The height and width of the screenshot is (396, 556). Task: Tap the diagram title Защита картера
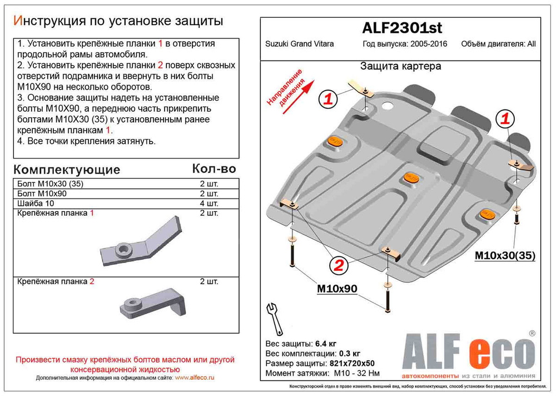click(400, 66)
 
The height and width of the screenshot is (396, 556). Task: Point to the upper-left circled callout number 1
click(328, 100)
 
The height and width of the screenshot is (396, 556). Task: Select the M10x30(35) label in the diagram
click(504, 256)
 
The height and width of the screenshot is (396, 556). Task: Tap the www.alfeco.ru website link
click(195, 378)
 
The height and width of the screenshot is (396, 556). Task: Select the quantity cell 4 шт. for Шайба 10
click(209, 204)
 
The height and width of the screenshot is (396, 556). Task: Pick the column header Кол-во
click(214, 169)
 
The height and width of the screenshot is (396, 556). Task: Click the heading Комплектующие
click(66, 170)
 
